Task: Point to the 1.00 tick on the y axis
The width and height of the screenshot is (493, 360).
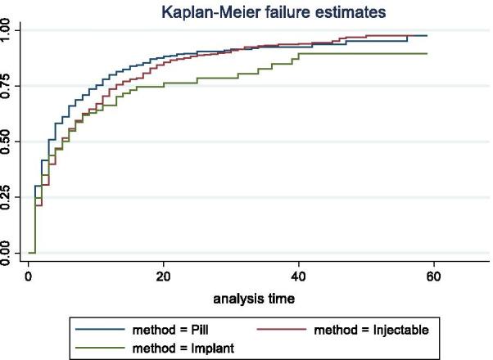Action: [x=10, y=31]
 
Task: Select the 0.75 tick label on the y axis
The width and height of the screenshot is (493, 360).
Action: [x=10, y=87]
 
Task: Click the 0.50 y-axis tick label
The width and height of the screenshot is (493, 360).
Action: [x=10, y=142]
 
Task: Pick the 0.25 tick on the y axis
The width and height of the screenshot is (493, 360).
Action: [x=10, y=198]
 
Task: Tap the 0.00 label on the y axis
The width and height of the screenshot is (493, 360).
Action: [x=10, y=254]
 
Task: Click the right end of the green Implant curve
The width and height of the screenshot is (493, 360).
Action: [x=427, y=54]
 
